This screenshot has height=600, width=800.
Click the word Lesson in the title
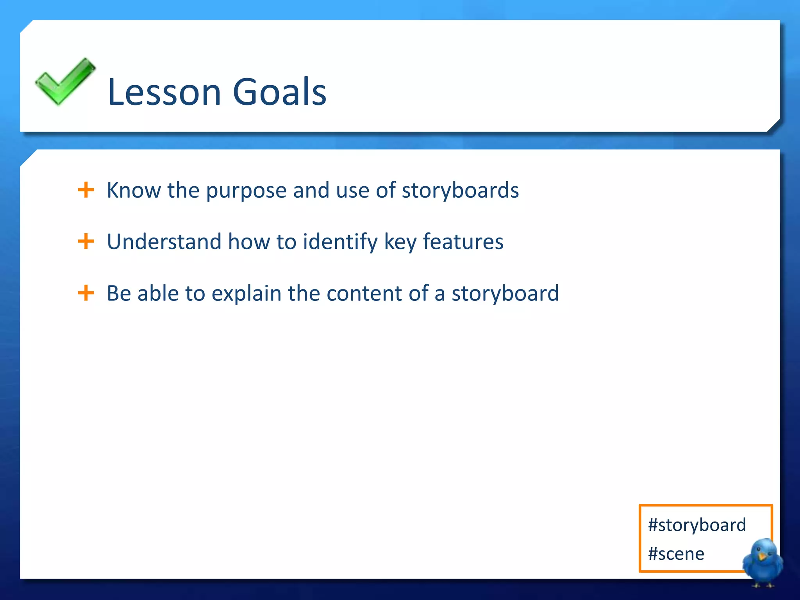164,92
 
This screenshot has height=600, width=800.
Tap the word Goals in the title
279,92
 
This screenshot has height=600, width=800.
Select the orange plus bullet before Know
86,190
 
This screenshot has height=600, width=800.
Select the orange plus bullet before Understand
86,241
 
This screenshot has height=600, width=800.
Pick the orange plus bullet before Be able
86,293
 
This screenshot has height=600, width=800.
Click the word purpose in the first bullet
246,191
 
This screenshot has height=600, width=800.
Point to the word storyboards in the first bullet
460,191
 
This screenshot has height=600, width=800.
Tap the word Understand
164,242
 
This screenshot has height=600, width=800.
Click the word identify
340,243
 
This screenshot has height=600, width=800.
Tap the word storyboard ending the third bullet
505,294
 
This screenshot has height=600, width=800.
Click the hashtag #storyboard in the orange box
697,525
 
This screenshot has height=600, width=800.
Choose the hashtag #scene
676,554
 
